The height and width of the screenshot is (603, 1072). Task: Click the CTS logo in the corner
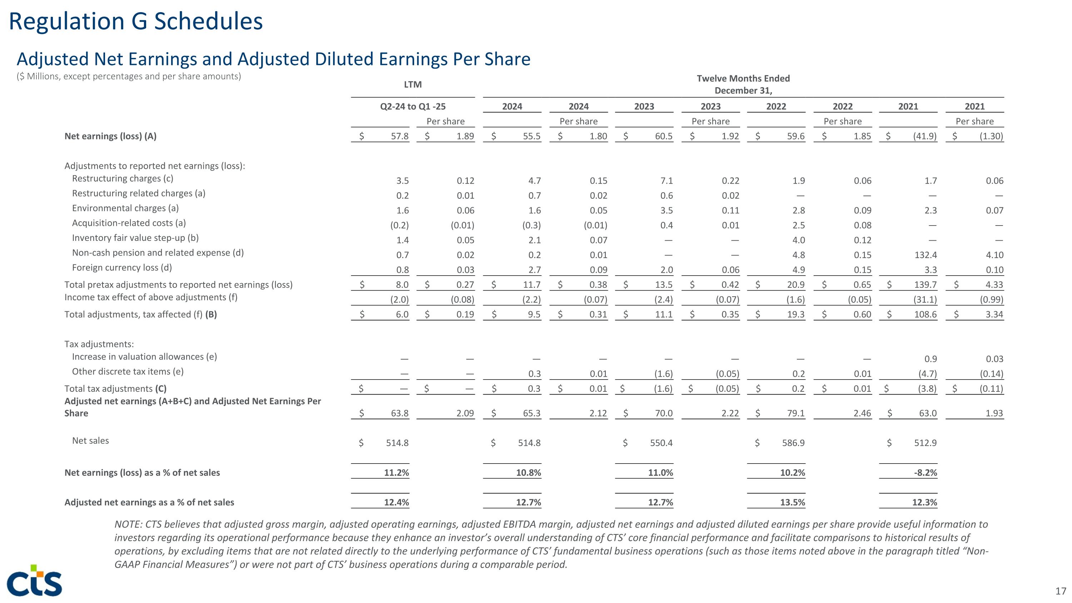click(x=35, y=580)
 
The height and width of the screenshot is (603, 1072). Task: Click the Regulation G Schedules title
click(x=136, y=22)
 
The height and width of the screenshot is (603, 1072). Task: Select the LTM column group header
click(x=412, y=84)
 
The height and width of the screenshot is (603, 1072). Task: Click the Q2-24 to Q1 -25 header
click(x=412, y=107)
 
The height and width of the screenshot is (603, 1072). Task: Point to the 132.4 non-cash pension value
click(x=925, y=255)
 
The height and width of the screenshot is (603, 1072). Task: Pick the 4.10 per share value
click(x=994, y=255)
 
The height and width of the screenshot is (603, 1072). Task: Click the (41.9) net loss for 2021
click(x=925, y=137)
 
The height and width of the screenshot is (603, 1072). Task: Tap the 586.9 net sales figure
click(x=793, y=443)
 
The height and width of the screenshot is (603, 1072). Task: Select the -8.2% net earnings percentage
click(x=925, y=473)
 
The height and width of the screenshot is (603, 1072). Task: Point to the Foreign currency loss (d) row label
click(x=122, y=268)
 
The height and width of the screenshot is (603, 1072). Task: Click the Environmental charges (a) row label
click(x=125, y=208)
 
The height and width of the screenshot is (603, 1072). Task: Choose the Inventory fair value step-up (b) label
click(x=135, y=238)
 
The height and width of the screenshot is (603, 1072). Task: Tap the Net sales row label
click(x=90, y=441)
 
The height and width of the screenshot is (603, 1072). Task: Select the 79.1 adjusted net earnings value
click(x=796, y=414)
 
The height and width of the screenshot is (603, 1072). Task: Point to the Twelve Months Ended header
click(x=743, y=79)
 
